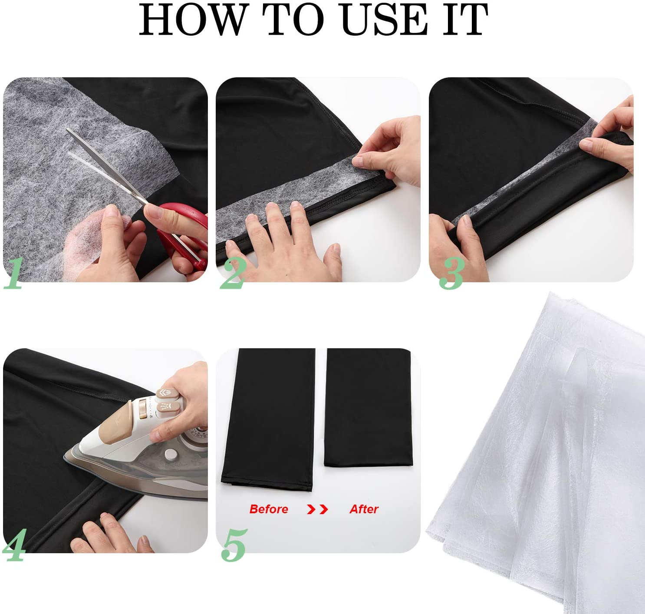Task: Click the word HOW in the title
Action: [192, 20]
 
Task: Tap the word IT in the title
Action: [466, 20]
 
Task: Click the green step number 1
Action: [14, 273]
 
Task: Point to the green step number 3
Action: [452, 273]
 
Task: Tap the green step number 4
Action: [14, 545]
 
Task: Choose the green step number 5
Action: [234, 545]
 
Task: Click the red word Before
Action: [269, 509]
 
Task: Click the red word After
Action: [364, 509]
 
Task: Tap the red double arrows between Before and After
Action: [317, 509]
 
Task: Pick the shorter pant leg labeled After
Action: [368, 407]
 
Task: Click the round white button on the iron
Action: [170, 455]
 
